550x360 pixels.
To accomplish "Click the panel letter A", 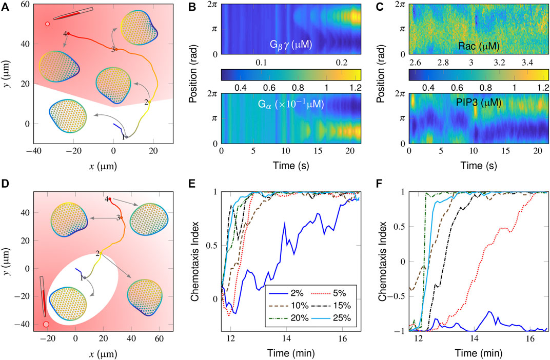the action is (5, 7).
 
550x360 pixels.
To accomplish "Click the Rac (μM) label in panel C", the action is (479, 46).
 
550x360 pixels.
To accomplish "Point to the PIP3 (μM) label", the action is (479, 103).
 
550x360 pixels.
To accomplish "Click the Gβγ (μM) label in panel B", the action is (291, 45).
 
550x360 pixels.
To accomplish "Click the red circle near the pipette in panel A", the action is (47, 24).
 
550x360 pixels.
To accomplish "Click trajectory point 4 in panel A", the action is (68, 34).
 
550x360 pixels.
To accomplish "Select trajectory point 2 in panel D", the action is (101, 253).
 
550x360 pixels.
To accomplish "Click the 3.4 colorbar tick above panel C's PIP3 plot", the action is (527, 63).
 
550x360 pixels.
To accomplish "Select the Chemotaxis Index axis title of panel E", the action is (195, 261).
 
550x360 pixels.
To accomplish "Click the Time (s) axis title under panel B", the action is (291, 165).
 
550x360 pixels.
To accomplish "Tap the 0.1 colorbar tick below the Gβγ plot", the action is (261, 63).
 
